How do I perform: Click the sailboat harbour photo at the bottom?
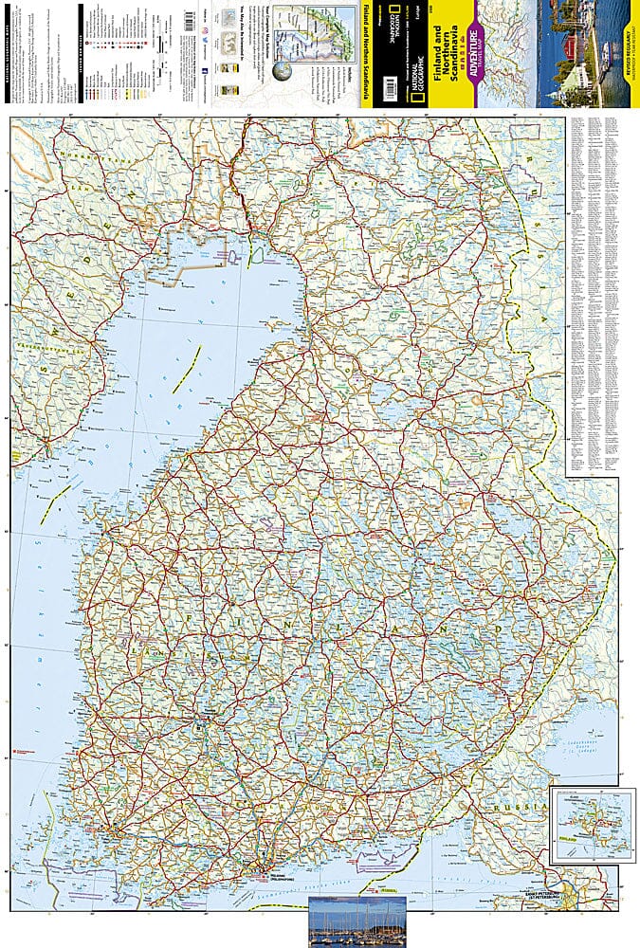point(357,921)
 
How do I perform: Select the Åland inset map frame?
point(594,827)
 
